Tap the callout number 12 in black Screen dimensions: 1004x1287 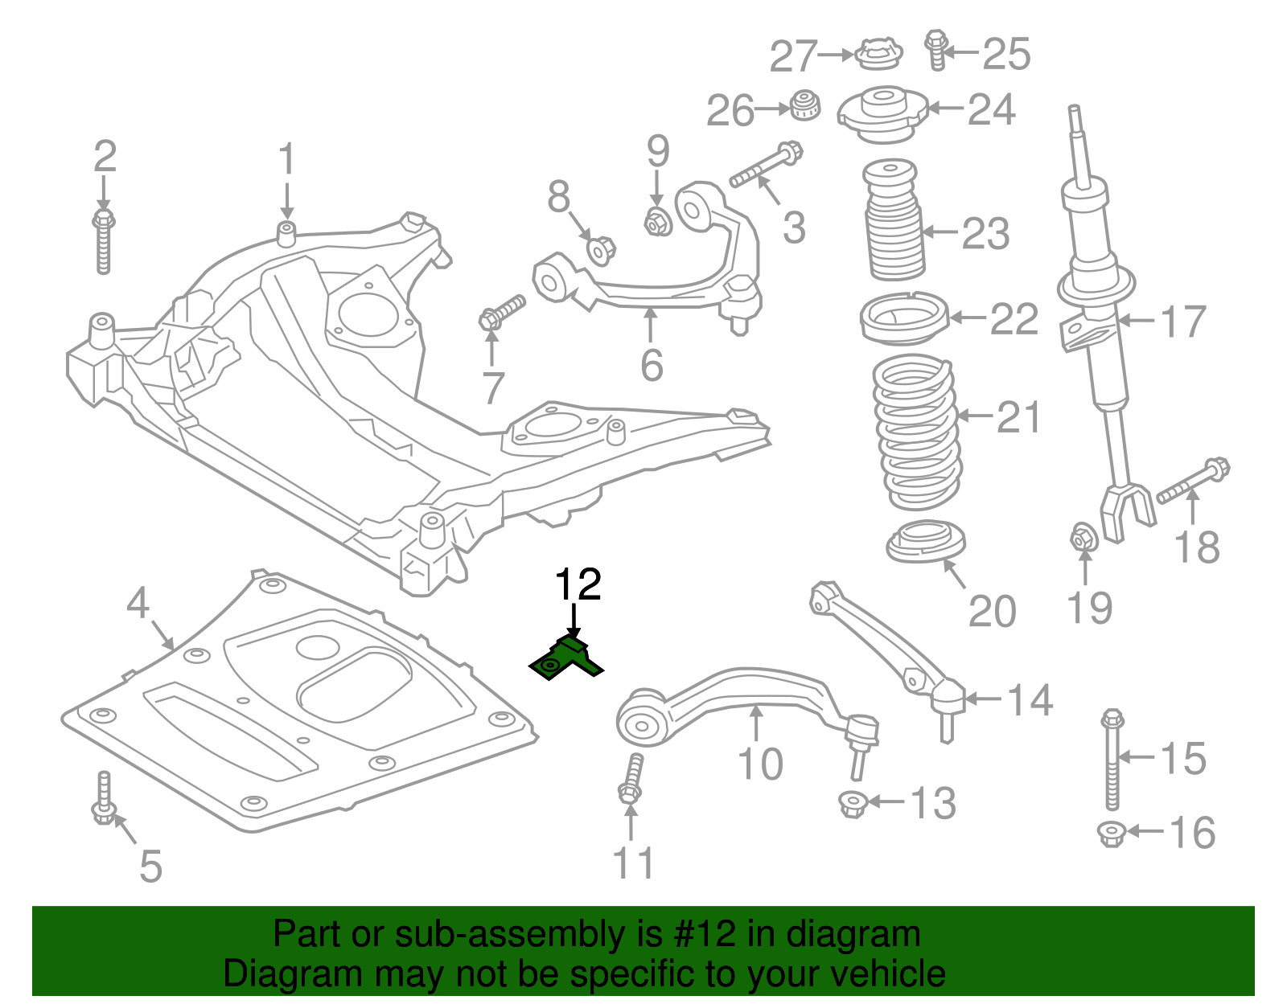578,584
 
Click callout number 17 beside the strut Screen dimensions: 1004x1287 1182,322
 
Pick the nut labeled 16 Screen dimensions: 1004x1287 1111,834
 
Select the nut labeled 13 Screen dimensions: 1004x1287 851,803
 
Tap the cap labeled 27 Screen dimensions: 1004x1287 878,54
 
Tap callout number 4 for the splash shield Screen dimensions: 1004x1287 138,602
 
